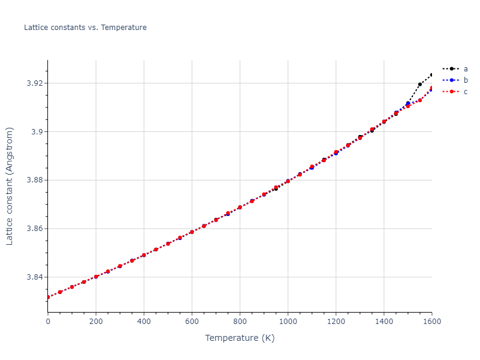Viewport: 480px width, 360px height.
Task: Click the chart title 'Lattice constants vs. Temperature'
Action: [85, 28]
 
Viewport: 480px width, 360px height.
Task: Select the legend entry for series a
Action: [465, 69]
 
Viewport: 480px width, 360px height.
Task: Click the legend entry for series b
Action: [465, 80]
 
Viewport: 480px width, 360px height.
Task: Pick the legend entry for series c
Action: [465, 92]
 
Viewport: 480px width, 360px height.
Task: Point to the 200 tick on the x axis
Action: [96, 321]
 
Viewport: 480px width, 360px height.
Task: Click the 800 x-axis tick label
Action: [240, 321]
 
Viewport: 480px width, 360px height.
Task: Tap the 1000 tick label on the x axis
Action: [288, 321]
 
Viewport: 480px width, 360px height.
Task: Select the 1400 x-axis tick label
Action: [384, 321]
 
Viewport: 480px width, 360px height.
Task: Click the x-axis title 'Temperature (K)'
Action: [240, 338]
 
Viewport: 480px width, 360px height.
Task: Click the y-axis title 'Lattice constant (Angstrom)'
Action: [10, 186]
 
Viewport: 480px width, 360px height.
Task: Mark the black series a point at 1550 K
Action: [420, 85]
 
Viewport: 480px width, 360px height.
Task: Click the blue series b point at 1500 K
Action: [408, 104]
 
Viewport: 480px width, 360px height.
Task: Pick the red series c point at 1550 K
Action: [420, 100]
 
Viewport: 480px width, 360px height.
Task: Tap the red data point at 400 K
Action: [144, 255]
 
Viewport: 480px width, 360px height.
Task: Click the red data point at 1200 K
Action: [336, 152]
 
